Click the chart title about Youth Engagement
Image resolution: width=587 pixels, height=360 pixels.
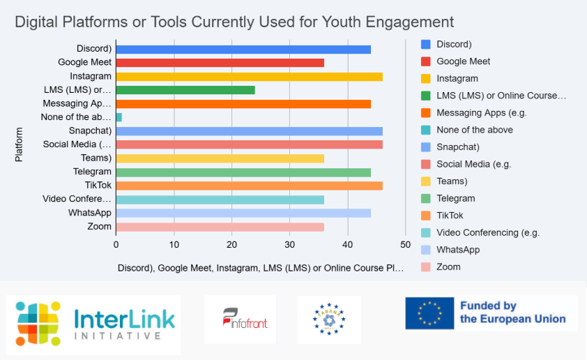tap(234, 22)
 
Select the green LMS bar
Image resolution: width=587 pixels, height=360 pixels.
tap(185, 90)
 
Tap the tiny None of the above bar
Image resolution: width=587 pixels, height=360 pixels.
tap(119, 117)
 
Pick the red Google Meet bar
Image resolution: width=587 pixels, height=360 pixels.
tap(220, 63)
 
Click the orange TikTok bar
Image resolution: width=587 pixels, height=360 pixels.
tap(249, 186)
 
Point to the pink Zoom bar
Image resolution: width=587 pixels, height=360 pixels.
tap(220, 227)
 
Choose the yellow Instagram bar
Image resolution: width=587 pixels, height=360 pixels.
tap(249, 77)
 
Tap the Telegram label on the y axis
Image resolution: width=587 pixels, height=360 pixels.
tap(92, 172)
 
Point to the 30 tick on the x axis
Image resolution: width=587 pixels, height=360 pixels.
tap(289, 244)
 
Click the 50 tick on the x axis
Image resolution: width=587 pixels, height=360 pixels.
tap(405, 244)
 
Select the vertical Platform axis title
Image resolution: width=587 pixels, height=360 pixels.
tap(19, 144)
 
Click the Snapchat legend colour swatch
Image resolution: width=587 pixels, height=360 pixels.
tap(425, 147)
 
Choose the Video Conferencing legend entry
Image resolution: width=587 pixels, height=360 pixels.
tap(488, 232)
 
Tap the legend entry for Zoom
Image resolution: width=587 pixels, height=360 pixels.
tap(448, 267)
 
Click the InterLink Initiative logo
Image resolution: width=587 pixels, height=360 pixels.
tap(94, 320)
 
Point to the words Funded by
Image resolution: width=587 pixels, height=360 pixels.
tap(488, 306)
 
